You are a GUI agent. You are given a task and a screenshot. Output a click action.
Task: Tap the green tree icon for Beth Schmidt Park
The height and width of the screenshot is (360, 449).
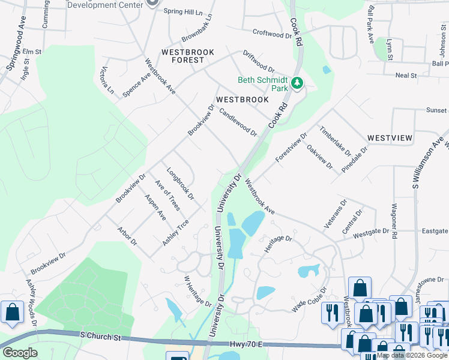[297, 83]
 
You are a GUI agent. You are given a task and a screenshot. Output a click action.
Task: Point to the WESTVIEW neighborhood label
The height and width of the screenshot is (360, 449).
[390, 138]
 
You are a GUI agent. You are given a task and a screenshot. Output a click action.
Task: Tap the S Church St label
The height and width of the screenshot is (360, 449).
[101, 338]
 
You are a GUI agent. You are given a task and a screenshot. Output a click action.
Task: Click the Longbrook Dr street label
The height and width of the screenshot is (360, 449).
[181, 183]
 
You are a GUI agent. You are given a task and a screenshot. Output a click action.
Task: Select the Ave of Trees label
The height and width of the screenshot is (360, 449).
[167, 196]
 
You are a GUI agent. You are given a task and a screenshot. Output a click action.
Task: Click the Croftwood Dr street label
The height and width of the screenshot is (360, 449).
[272, 35]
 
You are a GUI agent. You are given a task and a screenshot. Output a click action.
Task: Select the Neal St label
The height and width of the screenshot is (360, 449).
[406, 75]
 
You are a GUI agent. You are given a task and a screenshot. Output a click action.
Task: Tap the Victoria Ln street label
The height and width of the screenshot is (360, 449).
[107, 80]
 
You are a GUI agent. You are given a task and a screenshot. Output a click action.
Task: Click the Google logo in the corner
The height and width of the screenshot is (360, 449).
[20, 353]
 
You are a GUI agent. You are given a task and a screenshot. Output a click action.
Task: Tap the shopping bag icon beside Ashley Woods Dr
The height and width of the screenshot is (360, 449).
[12, 312]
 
